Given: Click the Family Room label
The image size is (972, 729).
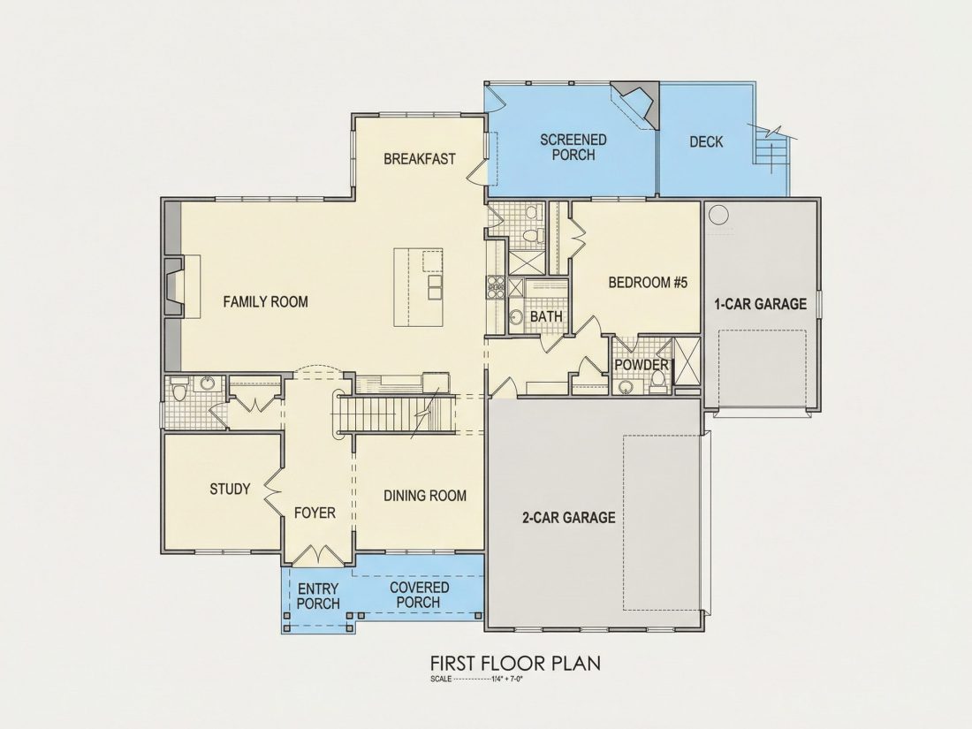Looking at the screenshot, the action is pyautogui.click(x=265, y=302).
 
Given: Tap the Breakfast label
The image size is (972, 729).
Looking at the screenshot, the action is pyautogui.click(x=420, y=159).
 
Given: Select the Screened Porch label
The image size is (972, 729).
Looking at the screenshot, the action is pyautogui.click(x=573, y=148).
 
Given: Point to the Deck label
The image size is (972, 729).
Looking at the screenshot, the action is pyautogui.click(x=706, y=142).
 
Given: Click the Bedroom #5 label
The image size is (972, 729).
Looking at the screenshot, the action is pyautogui.click(x=648, y=284).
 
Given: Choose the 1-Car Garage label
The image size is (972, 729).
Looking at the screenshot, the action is pyautogui.click(x=760, y=304).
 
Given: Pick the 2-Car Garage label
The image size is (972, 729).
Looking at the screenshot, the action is pyautogui.click(x=569, y=518).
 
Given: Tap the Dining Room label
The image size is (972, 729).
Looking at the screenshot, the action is pyautogui.click(x=425, y=496).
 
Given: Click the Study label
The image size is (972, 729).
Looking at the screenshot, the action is pyautogui.click(x=230, y=490).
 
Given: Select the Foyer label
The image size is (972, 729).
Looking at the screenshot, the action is pyautogui.click(x=315, y=513).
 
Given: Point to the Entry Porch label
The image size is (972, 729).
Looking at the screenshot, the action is pyautogui.click(x=319, y=596).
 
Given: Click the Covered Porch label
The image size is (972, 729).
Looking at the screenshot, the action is pyautogui.click(x=420, y=595).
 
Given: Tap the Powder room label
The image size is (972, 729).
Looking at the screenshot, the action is pyautogui.click(x=642, y=365).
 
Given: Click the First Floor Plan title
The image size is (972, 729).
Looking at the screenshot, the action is pyautogui.click(x=516, y=663).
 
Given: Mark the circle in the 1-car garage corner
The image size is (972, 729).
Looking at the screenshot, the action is pyautogui.click(x=718, y=215).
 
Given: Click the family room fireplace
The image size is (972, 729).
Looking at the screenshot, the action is pyautogui.click(x=174, y=287).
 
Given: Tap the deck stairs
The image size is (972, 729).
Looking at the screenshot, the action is pyautogui.click(x=771, y=148).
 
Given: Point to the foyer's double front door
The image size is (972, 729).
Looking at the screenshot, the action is pyautogui.click(x=318, y=554).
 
